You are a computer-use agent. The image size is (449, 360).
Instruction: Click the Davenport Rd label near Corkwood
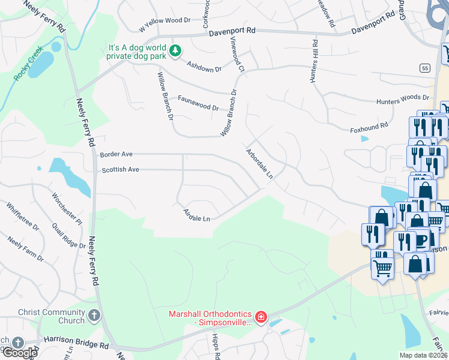pos(233,31)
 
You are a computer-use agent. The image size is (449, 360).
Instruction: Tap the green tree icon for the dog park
pos(175,50)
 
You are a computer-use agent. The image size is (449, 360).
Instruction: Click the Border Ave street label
pos(116,154)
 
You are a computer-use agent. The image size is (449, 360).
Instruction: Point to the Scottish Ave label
pos(120,170)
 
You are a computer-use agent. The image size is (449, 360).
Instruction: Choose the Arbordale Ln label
pos(259,164)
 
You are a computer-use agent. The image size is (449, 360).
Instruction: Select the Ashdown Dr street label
pos(204,67)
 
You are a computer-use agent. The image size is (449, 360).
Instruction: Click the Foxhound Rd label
pos(366,128)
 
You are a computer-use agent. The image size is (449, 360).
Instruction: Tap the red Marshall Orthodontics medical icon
pos(261,316)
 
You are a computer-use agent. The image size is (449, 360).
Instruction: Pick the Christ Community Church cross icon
pos(94,316)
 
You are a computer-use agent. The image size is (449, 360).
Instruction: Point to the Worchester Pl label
pos(67,208)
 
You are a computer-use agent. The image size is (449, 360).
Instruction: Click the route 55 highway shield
pos(425,68)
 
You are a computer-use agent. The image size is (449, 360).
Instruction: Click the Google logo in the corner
pos(19,353)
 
